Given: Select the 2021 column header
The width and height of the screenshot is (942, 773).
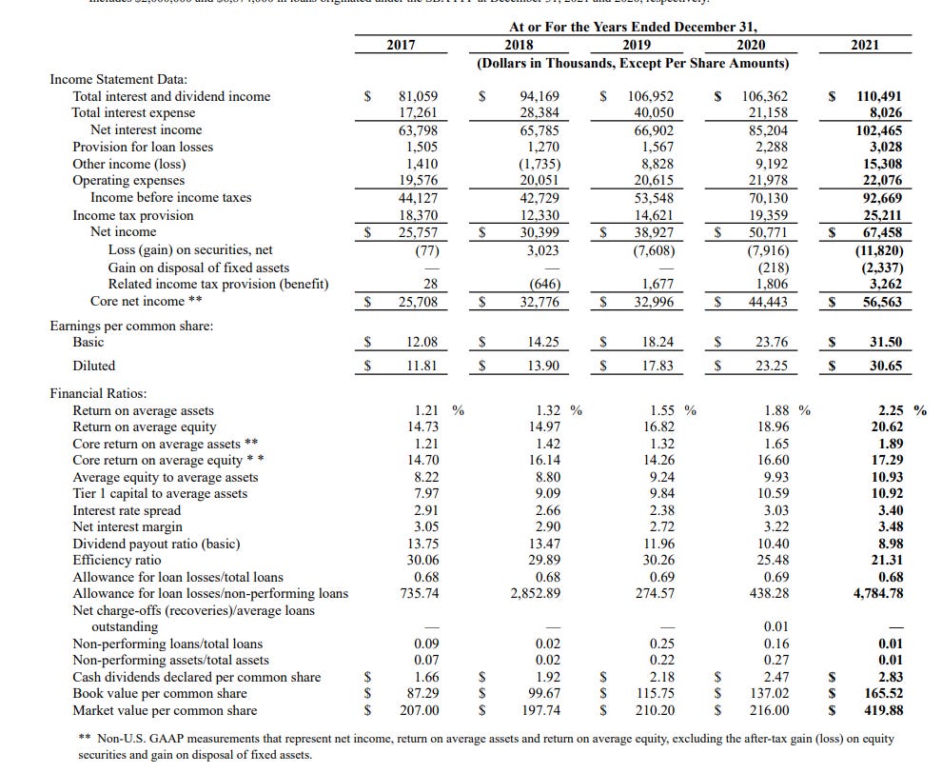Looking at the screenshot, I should point(865,45).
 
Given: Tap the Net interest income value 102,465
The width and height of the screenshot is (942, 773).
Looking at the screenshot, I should point(879,129).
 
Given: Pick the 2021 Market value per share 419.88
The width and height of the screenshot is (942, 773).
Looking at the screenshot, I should point(880,710).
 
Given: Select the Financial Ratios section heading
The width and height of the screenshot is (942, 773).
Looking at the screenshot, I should point(98,393).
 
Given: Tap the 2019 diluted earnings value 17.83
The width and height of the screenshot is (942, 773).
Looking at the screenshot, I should point(656,366).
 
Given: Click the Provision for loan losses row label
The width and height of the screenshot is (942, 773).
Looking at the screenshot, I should point(143,147).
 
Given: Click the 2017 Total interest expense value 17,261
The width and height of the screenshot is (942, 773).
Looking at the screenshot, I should point(419,113).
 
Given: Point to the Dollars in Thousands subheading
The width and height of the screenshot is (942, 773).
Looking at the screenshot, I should point(633,63).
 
